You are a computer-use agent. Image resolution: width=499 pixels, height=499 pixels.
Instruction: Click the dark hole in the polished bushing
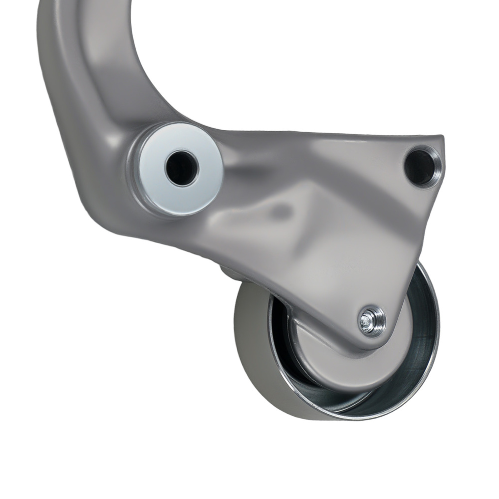(x=181, y=168)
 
